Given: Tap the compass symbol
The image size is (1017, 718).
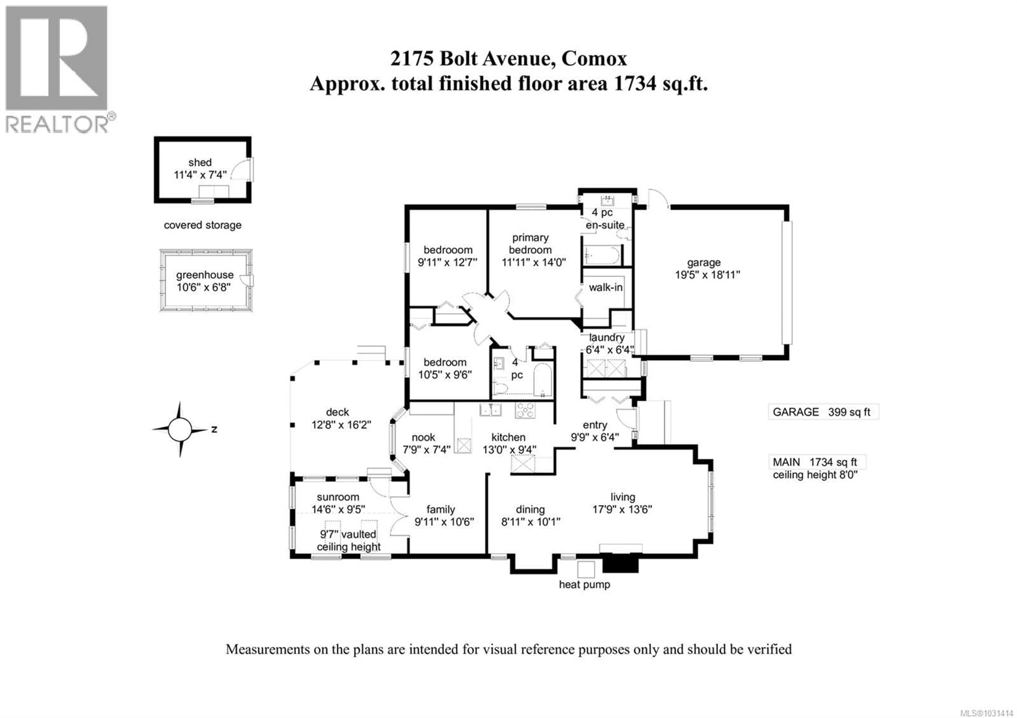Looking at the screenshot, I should pyautogui.click(x=180, y=429).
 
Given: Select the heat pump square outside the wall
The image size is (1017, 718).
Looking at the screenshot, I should pyautogui.click(x=586, y=569).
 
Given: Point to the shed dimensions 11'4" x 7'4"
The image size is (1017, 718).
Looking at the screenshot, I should pyautogui.click(x=200, y=175).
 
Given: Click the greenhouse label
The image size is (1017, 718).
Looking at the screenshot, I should pyautogui.click(x=205, y=275).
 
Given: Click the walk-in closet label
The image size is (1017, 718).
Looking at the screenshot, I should pyautogui.click(x=605, y=287).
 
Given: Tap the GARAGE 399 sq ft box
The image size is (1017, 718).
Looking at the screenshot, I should pyautogui.click(x=823, y=412).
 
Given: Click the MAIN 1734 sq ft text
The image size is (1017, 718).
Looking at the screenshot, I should pyautogui.click(x=815, y=462).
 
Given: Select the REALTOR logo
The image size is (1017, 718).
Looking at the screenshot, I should pyautogui.click(x=57, y=69).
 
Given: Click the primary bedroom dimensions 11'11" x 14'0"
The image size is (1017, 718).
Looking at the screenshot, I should pyautogui.click(x=533, y=262).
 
